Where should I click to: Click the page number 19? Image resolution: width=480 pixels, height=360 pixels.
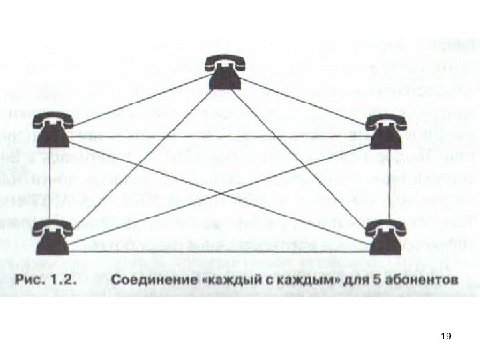[x=446, y=336]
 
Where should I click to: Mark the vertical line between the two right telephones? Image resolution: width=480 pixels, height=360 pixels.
[x=389, y=182]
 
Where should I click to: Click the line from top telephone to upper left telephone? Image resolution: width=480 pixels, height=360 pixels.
[x=137, y=100]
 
